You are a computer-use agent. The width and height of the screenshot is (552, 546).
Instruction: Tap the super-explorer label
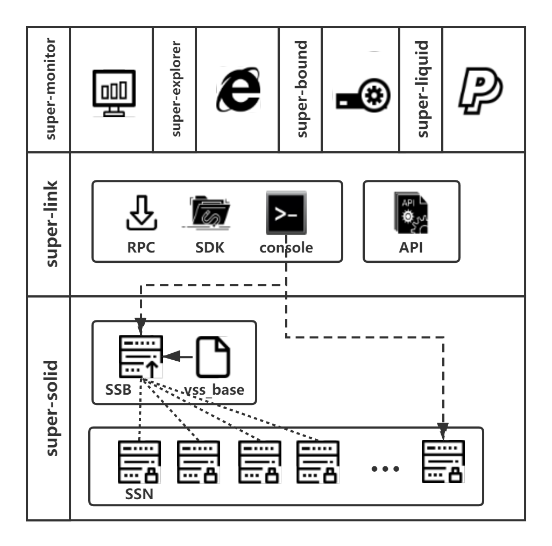(x=175, y=89)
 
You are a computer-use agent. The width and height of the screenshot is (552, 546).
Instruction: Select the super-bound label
(x=301, y=89)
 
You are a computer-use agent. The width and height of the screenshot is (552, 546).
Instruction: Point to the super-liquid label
(x=421, y=89)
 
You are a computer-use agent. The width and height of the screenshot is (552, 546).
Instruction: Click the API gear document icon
(x=411, y=213)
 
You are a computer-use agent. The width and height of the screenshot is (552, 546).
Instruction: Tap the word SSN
(x=139, y=494)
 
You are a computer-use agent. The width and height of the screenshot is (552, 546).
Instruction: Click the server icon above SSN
(x=139, y=463)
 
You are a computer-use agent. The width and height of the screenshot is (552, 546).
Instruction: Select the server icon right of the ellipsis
(x=443, y=461)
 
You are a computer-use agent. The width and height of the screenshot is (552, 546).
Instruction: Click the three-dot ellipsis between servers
(x=386, y=468)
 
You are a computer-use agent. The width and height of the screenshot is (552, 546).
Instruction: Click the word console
(x=286, y=248)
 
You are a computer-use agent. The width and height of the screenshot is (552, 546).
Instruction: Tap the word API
(x=411, y=248)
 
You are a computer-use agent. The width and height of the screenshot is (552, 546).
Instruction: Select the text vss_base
(x=214, y=390)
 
